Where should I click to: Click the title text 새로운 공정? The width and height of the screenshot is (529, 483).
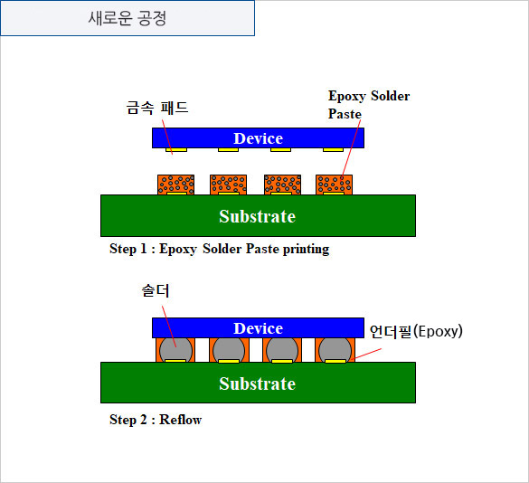point(128,18)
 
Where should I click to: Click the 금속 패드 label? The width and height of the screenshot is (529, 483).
point(157,108)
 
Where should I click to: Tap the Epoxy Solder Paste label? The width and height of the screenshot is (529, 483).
point(369,105)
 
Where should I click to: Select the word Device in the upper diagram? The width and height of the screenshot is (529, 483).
point(258,138)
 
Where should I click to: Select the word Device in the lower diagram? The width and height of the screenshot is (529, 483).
point(258,328)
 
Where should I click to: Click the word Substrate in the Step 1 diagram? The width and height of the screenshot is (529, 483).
point(258,216)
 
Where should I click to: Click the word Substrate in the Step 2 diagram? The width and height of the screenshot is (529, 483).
point(258,384)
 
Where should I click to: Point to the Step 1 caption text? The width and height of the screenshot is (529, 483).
point(220,249)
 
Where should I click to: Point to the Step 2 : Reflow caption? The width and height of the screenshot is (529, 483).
point(156,420)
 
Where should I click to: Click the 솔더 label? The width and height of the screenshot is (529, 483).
point(156,290)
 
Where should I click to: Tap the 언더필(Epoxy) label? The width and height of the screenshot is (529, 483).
point(416,331)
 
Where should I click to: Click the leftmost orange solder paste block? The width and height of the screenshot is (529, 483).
point(175,185)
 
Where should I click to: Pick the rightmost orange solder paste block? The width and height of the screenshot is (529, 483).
point(334,185)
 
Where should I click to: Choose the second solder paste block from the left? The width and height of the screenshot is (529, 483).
point(229,185)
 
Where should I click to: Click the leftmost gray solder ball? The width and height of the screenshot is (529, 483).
point(175,350)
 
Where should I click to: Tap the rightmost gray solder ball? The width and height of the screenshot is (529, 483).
point(335,350)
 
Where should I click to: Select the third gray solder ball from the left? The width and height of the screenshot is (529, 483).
point(282,350)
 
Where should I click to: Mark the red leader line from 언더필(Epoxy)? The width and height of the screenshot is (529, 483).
point(367,354)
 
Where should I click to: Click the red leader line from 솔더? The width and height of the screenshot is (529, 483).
point(169,327)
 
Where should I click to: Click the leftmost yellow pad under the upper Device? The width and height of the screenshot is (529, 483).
point(176,149)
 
